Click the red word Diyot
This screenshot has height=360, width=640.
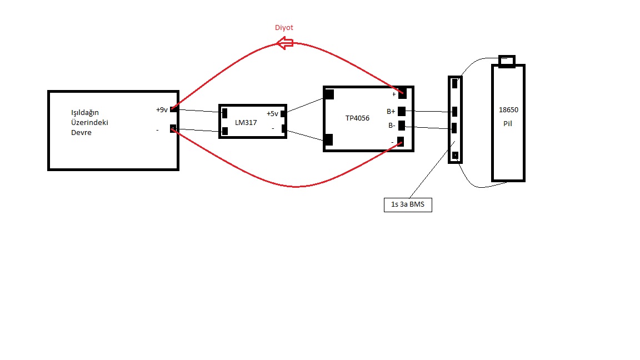click(284, 28)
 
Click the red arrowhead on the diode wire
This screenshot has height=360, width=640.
click(284, 43)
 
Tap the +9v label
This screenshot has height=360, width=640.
click(162, 110)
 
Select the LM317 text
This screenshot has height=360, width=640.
click(246, 122)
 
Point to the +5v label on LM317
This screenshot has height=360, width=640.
click(272, 114)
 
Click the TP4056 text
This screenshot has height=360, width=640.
click(357, 118)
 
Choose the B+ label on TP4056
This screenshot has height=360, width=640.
click(391, 112)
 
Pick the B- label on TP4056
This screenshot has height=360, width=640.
click(392, 126)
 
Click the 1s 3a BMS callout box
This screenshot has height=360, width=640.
click(408, 204)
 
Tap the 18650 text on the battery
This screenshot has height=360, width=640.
click(508, 110)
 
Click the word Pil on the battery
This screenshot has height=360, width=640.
click(507, 124)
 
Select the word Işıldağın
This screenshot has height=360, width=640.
click(85, 113)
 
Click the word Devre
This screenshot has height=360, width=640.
click(81, 133)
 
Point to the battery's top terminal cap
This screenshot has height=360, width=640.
click(507, 61)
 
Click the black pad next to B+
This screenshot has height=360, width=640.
click(402, 111)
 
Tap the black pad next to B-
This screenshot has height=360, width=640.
click(402, 126)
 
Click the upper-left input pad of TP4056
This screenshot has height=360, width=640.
click(328, 94)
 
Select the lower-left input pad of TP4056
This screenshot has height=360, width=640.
click(328, 139)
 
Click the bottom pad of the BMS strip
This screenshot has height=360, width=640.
click(455, 155)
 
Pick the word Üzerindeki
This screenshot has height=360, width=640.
click(89, 122)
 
